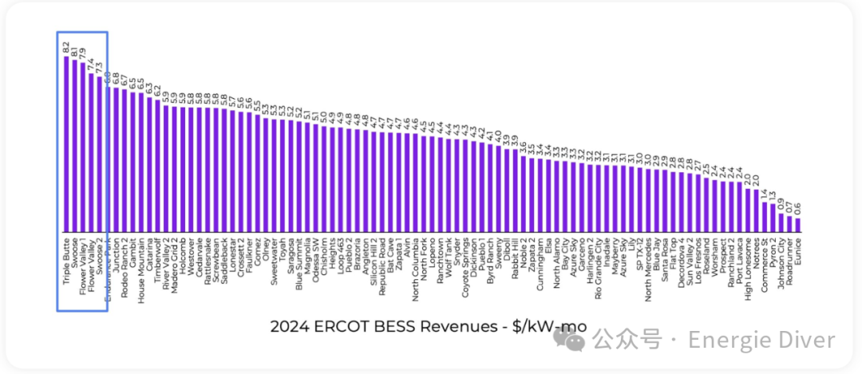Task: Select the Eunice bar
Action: click(797, 226)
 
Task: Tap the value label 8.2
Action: click(66, 48)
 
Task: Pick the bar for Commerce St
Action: click(764, 217)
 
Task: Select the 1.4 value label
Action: click(764, 194)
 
